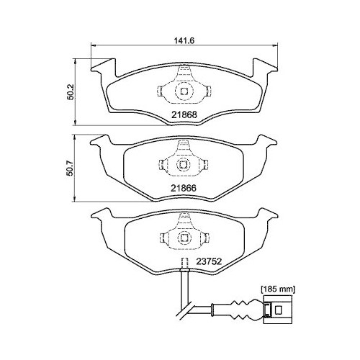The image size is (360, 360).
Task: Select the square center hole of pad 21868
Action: [x=184, y=91]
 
